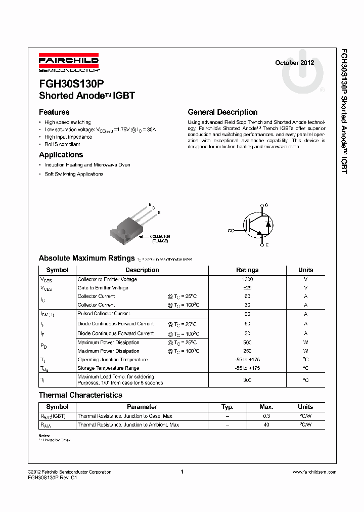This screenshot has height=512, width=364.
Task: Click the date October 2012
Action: tap(294, 63)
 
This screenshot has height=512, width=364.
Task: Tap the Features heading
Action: tap(54, 112)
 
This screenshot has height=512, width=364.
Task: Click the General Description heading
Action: tap(222, 112)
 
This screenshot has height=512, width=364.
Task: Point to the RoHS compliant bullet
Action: tap(62, 144)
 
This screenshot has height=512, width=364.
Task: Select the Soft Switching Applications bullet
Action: tap(74, 174)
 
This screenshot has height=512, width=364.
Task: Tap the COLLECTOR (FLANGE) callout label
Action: tap(160, 239)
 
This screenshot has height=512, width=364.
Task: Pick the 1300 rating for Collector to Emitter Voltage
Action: tap(248, 279)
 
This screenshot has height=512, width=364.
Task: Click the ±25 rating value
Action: tap(248, 288)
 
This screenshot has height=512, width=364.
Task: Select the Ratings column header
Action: tap(247, 270)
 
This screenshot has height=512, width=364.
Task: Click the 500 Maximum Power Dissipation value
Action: tap(248, 343)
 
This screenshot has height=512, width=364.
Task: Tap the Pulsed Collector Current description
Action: tap(104, 314)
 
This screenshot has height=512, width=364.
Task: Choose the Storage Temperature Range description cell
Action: tap(108, 368)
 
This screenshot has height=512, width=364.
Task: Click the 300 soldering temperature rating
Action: tap(248, 379)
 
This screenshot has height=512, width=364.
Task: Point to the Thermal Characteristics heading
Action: tap(80, 395)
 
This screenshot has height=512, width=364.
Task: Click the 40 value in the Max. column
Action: tap(266, 425)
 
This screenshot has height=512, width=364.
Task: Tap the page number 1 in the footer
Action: tap(181, 472)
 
